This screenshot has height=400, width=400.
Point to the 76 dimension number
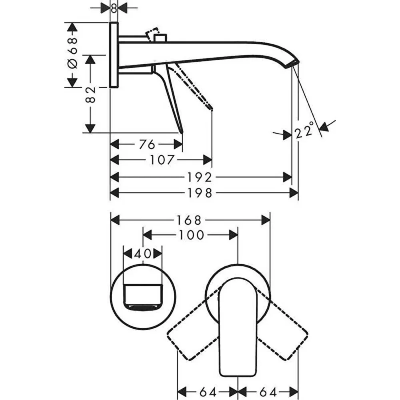[x=147, y=144]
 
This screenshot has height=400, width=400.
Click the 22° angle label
[x=304, y=132]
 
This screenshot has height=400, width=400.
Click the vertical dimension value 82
[x=91, y=94]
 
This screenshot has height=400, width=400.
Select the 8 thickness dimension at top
[x=114, y=8]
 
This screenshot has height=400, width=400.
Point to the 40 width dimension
[x=142, y=254]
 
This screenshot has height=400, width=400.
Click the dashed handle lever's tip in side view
[x=211, y=107]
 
